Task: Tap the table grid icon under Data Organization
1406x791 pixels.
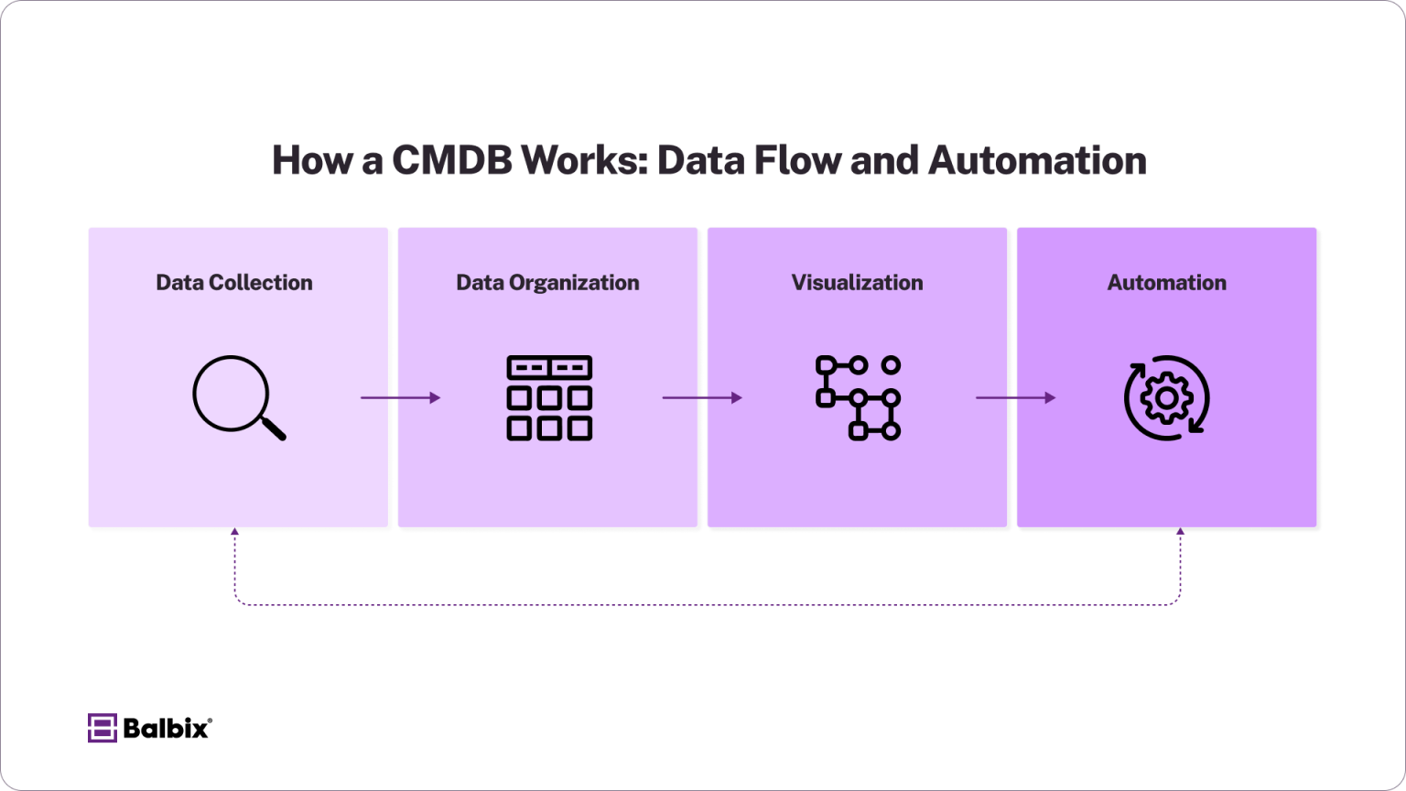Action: (x=549, y=397)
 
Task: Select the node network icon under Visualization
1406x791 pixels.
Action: (x=858, y=397)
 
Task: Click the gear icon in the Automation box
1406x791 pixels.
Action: (x=1166, y=397)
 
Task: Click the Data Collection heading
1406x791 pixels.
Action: (x=234, y=282)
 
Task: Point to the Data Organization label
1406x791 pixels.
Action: (x=547, y=282)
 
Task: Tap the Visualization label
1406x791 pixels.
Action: (x=857, y=282)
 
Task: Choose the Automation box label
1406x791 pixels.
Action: (x=1166, y=282)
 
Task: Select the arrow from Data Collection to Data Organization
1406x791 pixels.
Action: (x=400, y=397)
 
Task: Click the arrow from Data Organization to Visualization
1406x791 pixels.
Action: (x=702, y=397)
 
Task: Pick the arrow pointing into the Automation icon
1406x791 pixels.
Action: (x=1015, y=397)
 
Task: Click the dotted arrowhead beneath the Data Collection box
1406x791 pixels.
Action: (x=235, y=532)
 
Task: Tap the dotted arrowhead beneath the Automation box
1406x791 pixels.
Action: (x=1180, y=532)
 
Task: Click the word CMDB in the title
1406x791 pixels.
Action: (x=452, y=160)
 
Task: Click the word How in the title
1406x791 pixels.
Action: (x=312, y=160)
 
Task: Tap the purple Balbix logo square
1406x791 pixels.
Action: (x=102, y=728)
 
